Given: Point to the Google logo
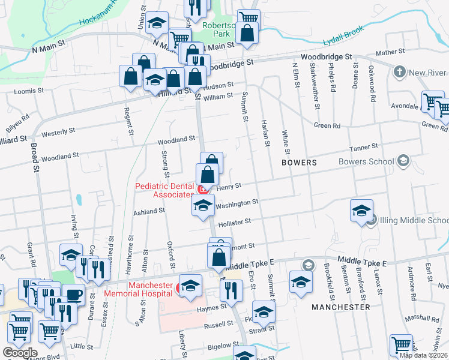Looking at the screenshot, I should pyautogui.click(x=20, y=353).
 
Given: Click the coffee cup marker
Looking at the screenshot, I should pyautogui.click(x=74, y=295).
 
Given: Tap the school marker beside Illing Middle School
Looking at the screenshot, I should pyautogui.click(x=362, y=211).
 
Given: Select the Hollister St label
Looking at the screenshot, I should pyautogui.click(x=234, y=222).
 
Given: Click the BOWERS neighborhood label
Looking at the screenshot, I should pyautogui.click(x=300, y=163).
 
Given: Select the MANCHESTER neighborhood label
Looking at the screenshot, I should pyautogui.click(x=340, y=307).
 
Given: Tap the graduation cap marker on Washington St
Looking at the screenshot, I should pyautogui.click(x=203, y=205).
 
